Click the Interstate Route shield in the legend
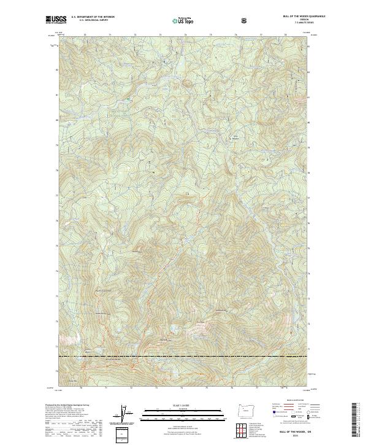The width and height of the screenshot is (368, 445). pyautogui.click(x=268, y=416)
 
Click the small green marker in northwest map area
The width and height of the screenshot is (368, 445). pyautogui.click(x=128, y=99)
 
